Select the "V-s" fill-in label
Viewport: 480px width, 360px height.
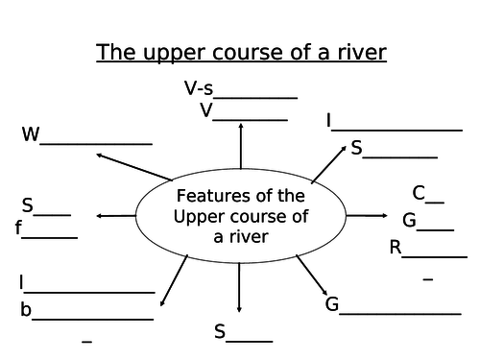point(200,89)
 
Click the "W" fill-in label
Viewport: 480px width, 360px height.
point(31,135)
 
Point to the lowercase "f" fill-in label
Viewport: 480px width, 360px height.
point(18,228)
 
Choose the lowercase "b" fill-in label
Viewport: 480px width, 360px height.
point(26,309)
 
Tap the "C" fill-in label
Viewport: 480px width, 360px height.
point(419,192)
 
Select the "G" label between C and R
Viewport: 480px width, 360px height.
point(409,221)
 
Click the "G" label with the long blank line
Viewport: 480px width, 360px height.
point(332,305)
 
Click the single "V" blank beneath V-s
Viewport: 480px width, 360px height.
point(206,110)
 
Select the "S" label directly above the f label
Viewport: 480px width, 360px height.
point(28,204)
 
